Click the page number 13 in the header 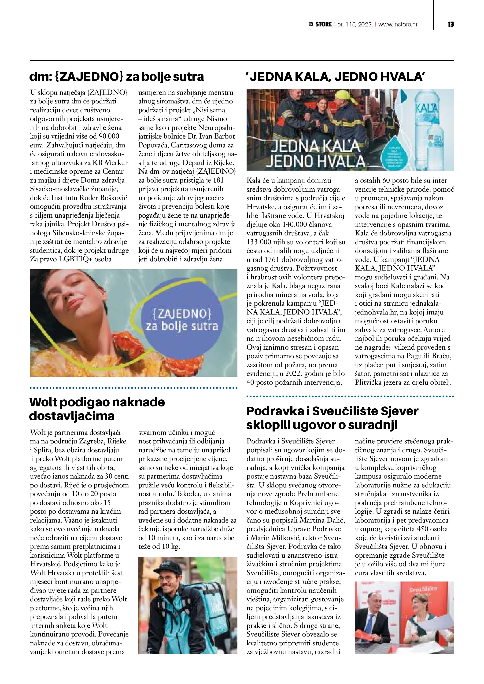pos(450,24)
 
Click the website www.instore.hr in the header pos(398,24)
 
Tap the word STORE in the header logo pos(323,24)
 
